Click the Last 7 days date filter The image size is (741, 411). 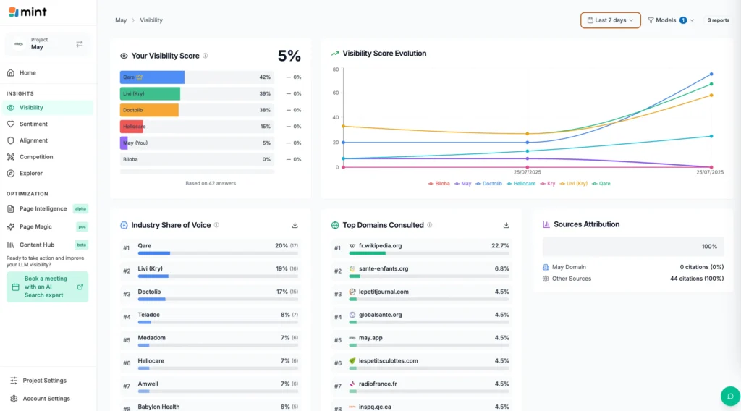(x=611, y=20)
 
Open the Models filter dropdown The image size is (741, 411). (x=671, y=20)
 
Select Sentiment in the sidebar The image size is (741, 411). (x=33, y=124)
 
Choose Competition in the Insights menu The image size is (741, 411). (x=36, y=157)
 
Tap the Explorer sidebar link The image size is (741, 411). (x=31, y=174)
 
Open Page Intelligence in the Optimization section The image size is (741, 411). (x=43, y=208)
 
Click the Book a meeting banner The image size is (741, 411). (x=47, y=287)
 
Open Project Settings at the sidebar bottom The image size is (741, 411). (x=44, y=381)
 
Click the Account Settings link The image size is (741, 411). (x=46, y=399)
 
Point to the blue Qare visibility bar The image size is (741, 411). (x=152, y=77)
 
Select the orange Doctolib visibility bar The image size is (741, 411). (x=149, y=110)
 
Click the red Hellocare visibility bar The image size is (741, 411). (x=132, y=127)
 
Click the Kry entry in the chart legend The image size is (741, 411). (x=551, y=184)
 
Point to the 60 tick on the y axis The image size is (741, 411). (x=336, y=93)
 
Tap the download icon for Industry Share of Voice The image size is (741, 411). (x=295, y=225)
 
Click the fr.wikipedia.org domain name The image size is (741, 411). (x=380, y=246)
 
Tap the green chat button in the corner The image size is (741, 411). (x=730, y=396)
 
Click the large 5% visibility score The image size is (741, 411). (x=289, y=56)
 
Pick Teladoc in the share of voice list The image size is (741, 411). (x=149, y=315)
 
